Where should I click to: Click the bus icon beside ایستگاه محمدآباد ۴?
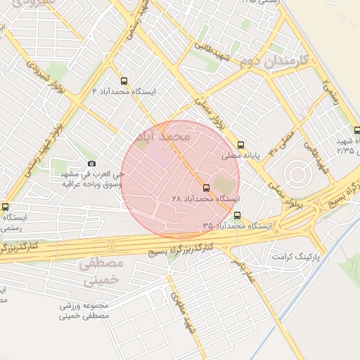point(125,81)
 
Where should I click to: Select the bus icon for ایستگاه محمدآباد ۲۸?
point(206,188)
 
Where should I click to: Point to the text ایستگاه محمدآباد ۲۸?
point(206,199)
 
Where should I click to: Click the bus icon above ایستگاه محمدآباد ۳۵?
point(237,215)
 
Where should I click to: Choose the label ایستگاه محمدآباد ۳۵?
point(237,226)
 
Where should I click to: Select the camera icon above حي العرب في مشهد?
point(91,164)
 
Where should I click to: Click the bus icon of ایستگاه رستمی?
point(6,207)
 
